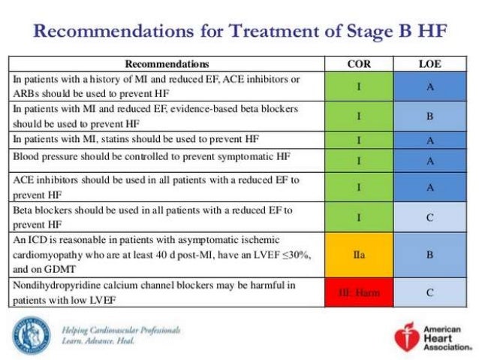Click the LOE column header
429,64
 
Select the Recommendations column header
167,64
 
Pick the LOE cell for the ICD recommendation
429,254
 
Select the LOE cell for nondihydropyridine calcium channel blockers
429,292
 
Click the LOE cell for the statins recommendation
429,140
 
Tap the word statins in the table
125,140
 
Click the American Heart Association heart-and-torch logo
404,337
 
